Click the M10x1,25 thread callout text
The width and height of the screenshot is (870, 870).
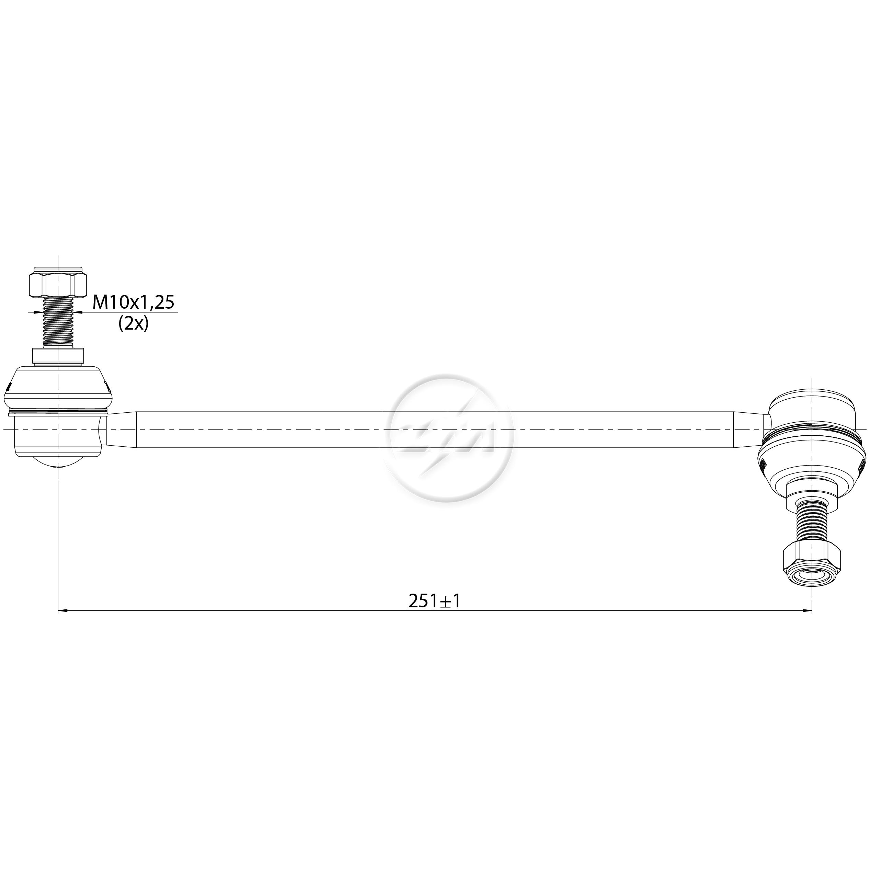133,302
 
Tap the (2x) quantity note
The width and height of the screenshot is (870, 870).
133,324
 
